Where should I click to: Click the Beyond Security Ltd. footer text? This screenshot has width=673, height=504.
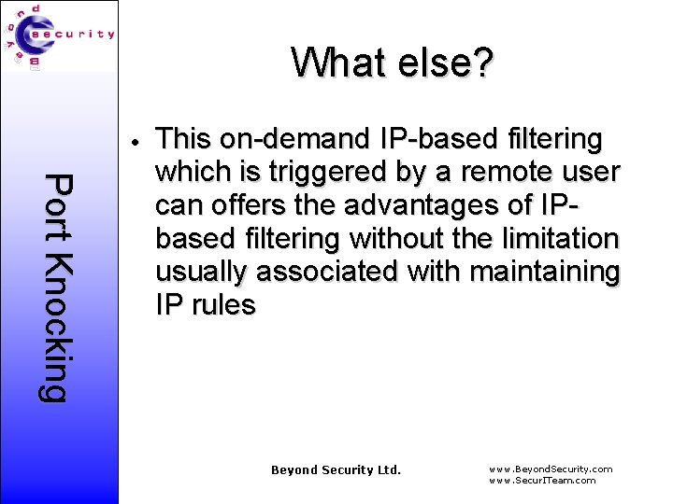(336, 469)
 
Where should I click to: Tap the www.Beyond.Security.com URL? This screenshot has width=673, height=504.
(551, 469)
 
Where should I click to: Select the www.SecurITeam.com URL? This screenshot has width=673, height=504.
(542, 480)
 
